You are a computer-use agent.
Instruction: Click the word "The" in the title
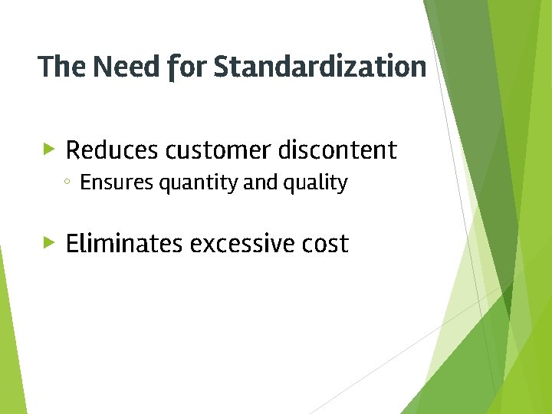pos(62,67)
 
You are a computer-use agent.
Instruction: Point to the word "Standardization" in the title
pos(320,67)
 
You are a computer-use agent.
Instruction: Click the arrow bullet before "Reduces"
pos(49,149)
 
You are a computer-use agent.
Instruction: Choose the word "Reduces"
pos(111,150)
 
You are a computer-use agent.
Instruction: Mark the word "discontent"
pos(337,150)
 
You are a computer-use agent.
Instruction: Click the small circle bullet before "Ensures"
pos(67,183)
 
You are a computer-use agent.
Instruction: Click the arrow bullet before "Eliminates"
pos(49,242)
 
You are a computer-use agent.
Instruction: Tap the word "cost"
pos(324,244)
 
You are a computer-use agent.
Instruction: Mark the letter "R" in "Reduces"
pos(74,150)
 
